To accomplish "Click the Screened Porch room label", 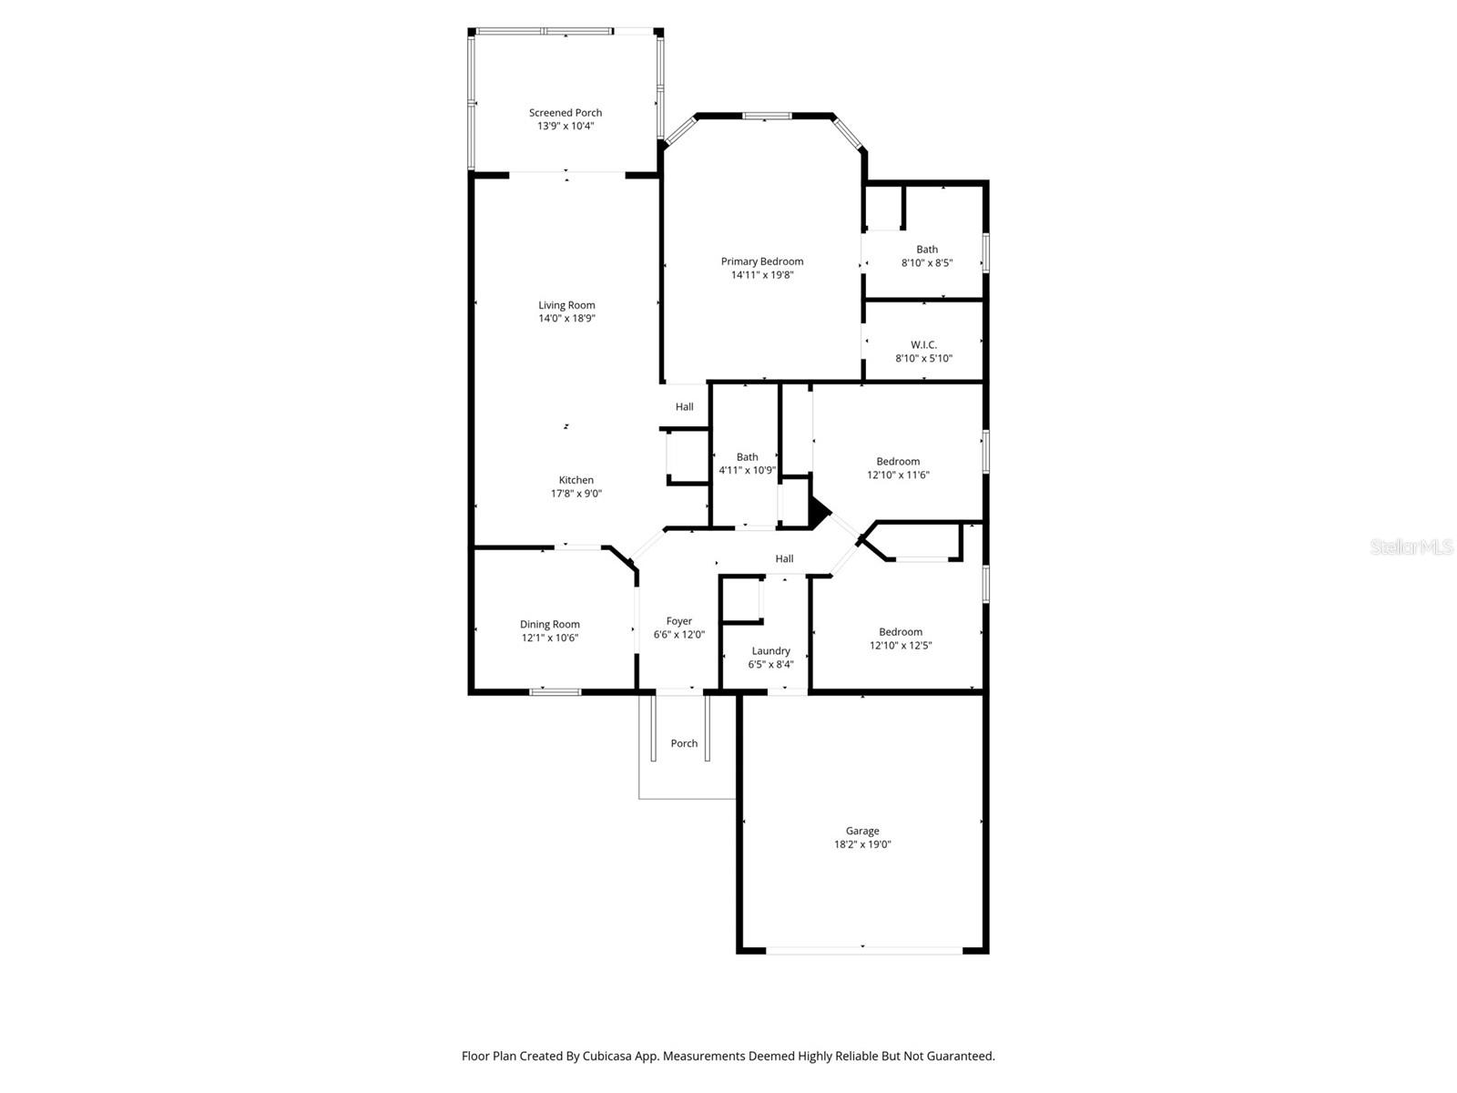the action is [x=565, y=113].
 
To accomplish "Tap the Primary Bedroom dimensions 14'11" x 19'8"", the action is [x=762, y=275].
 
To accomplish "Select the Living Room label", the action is [x=566, y=305].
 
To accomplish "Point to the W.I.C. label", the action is [x=923, y=345].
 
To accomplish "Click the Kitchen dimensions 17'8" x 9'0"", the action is [x=576, y=494].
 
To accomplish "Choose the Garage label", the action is [x=862, y=831].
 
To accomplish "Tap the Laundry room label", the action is [x=770, y=651].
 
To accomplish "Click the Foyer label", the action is [x=678, y=621].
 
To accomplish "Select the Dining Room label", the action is [x=549, y=625].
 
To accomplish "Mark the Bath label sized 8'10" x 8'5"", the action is [x=927, y=250].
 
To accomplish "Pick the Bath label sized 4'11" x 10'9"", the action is [x=747, y=457].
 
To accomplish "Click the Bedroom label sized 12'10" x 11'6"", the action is [x=898, y=462].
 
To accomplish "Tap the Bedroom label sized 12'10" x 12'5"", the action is [x=901, y=632].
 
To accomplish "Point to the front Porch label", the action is [x=684, y=743].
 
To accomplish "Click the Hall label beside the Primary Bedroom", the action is [x=684, y=407].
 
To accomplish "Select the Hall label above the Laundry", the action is [x=784, y=559].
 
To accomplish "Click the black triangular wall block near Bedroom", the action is [x=819, y=513].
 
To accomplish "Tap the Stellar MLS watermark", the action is [x=1411, y=547].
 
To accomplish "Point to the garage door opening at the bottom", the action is [x=863, y=950].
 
